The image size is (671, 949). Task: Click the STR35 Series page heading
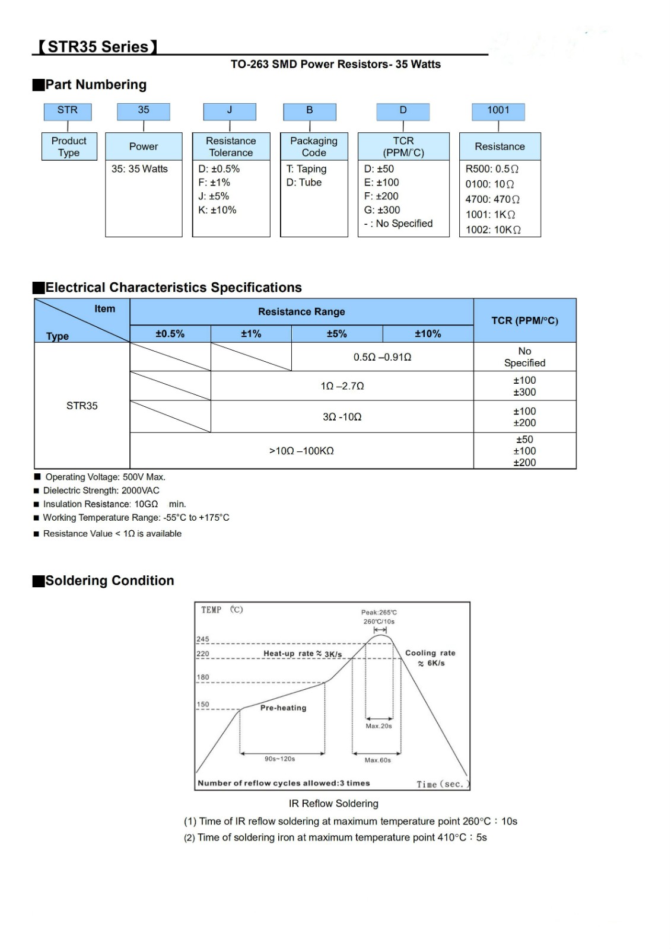coord(98,47)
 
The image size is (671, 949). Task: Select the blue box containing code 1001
coord(498,111)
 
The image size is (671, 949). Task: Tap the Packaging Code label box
coord(313,147)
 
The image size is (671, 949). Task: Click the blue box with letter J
coord(230,111)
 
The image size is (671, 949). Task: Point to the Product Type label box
coord(69,147)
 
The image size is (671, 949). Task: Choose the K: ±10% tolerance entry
coord(217,210)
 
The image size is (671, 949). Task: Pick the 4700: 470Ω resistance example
coord(492,199)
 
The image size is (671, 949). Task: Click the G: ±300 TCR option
coord(382,210)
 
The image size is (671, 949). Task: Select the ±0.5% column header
coord(170,334)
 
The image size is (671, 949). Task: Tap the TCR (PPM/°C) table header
coord(524,320)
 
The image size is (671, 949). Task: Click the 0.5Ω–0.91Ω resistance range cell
coord(382,357)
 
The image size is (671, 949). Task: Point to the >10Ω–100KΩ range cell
coord(301,451)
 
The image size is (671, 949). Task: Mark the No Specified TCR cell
coord(524,357)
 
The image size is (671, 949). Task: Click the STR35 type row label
coord(82,406)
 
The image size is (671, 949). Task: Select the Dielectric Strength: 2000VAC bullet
coord(101,491)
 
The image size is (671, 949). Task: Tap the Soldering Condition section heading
coord(110,581)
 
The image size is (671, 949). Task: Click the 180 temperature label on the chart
coord(203,677)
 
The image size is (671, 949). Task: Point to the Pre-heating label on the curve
coord(283,708)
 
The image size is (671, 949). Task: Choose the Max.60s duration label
coord(378,760)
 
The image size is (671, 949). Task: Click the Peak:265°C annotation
coord(379,612)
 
